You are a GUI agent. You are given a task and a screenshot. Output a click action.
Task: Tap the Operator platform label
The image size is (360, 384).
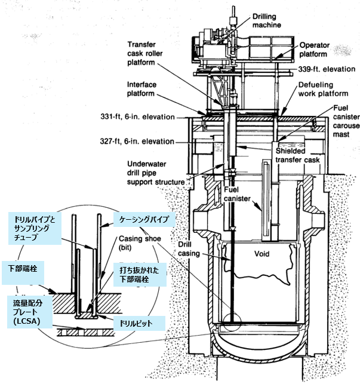click(x=319, y=50)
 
